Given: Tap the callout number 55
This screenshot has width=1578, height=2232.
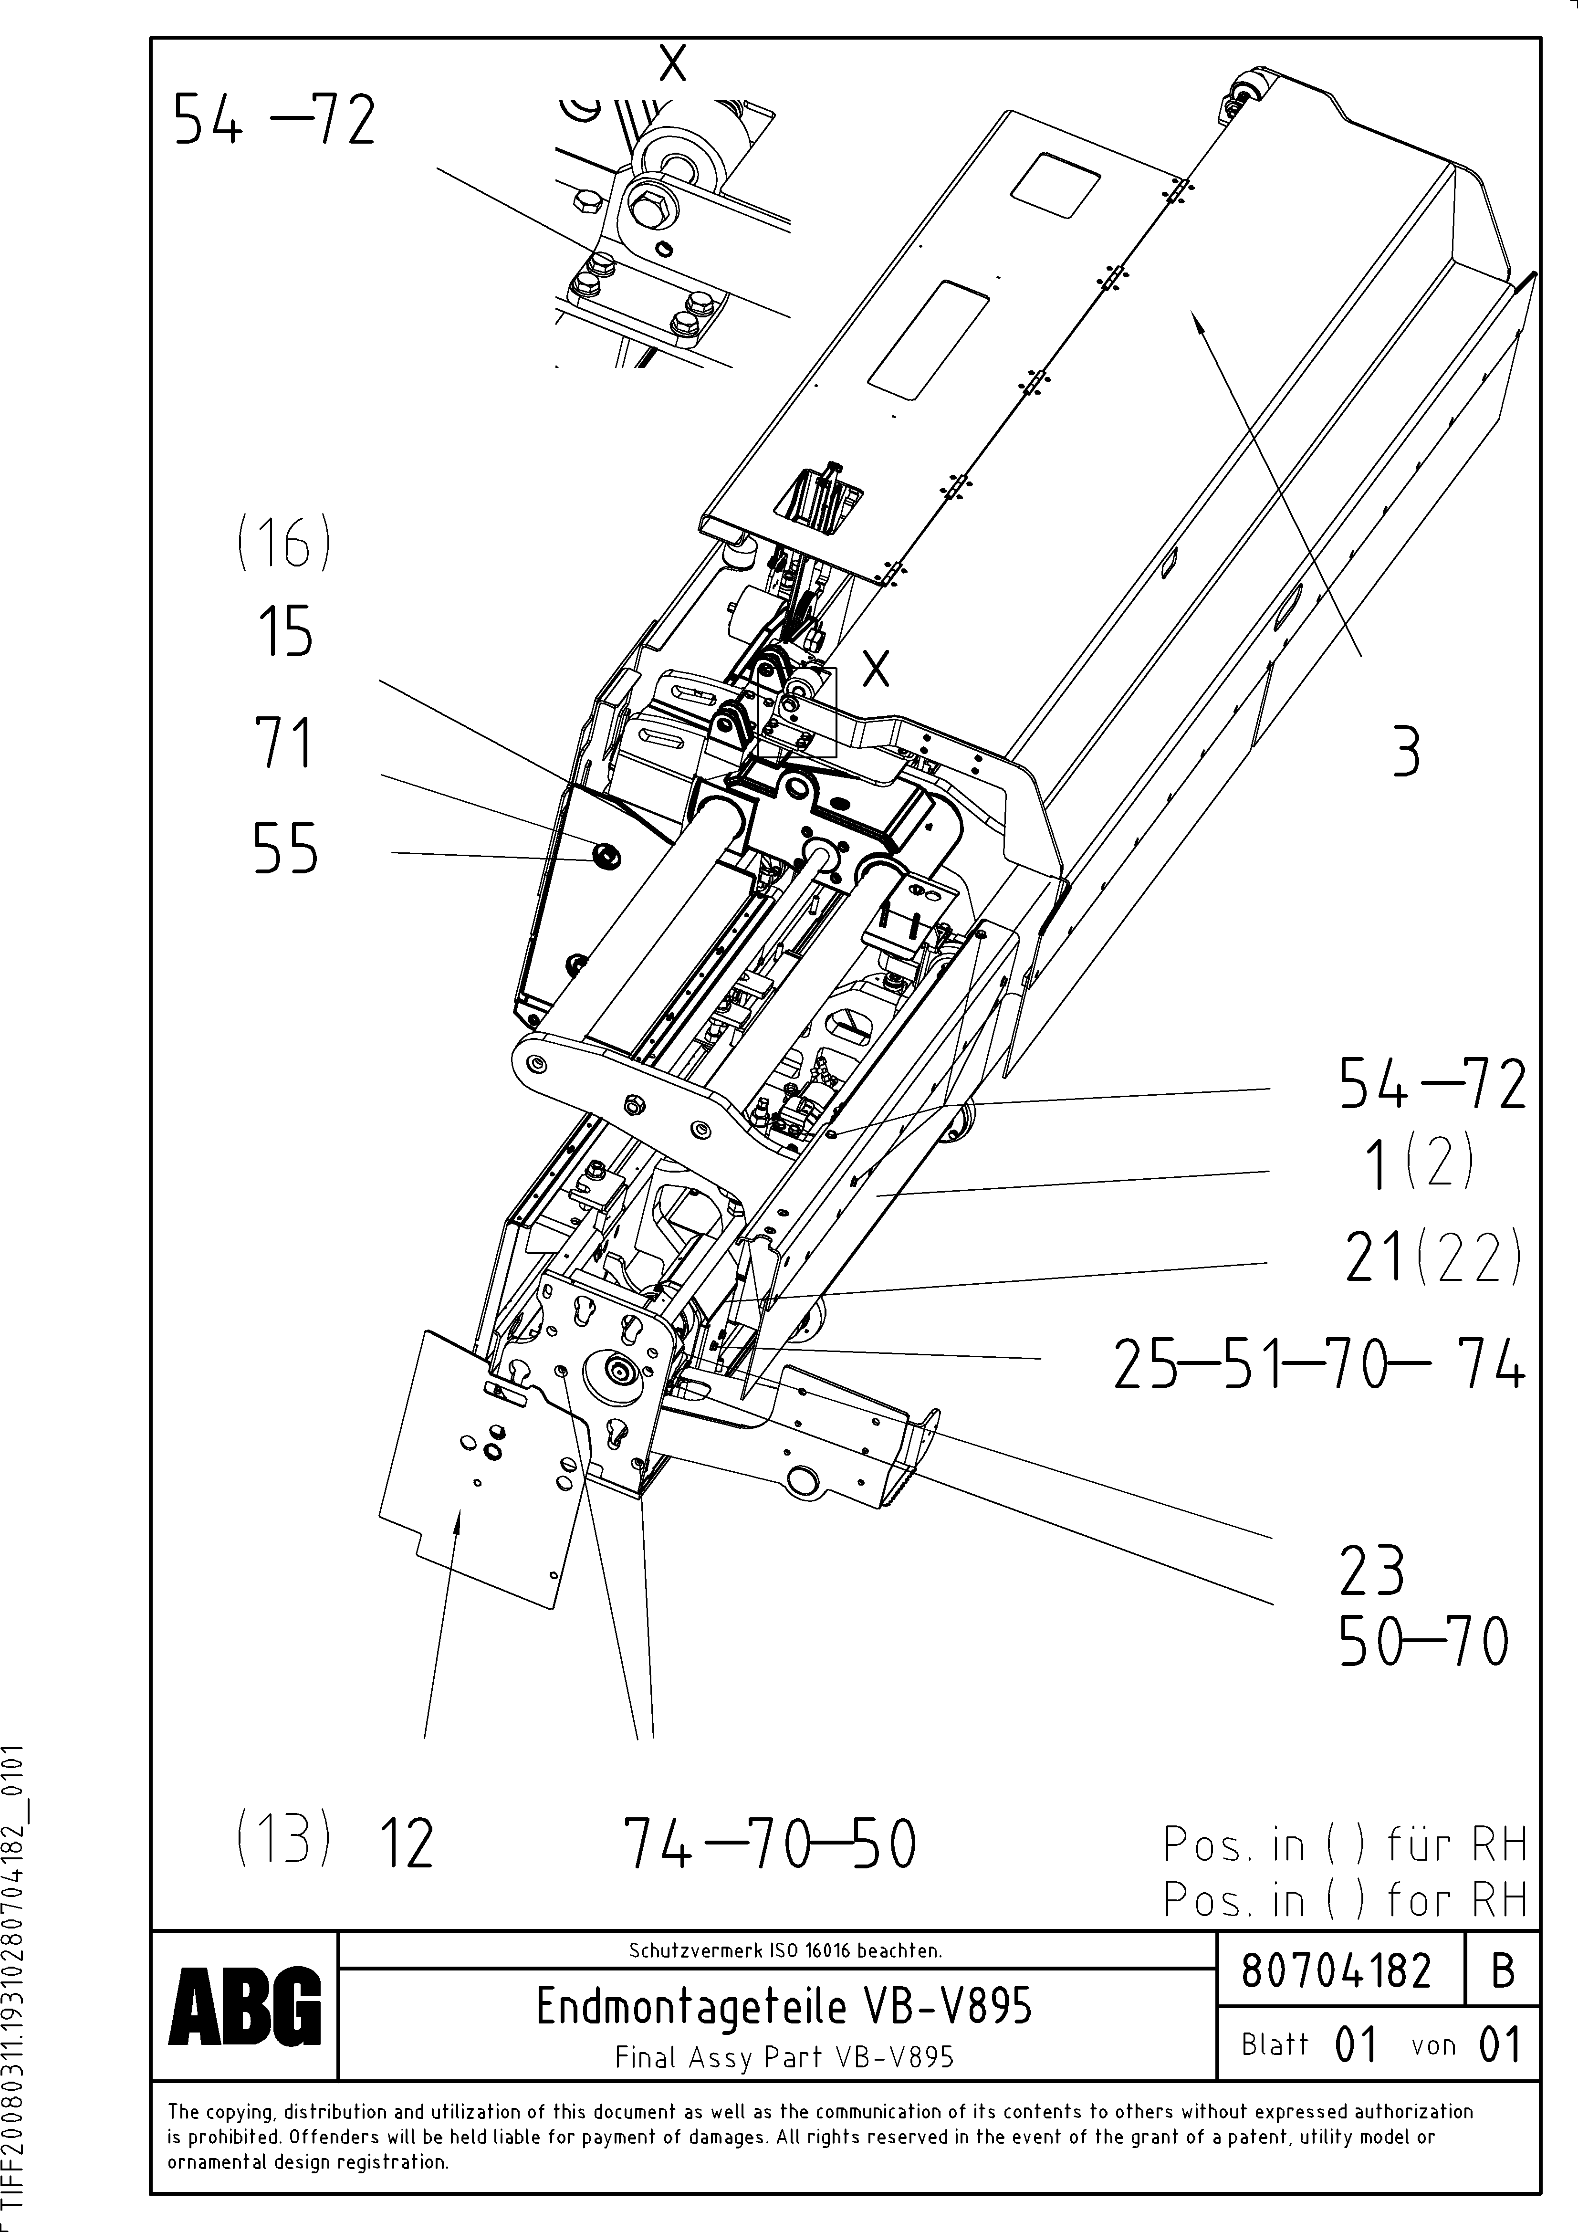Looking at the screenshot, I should pos(285,849).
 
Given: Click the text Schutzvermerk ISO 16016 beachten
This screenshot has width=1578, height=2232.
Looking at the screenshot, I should pos(784,1950).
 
